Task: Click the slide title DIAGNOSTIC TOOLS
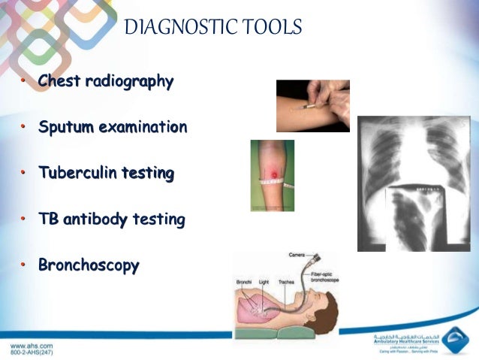[x=212, y=29]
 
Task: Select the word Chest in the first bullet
[x=59, y=81]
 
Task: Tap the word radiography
[x=128, y=82]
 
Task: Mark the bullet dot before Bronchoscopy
[x=23, y=266]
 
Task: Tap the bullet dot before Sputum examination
[x=23, y=128]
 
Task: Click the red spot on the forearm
[x=273, y=175]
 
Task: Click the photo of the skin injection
[x=312, y=106]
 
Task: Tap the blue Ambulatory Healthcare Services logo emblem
[x=455, y=340]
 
